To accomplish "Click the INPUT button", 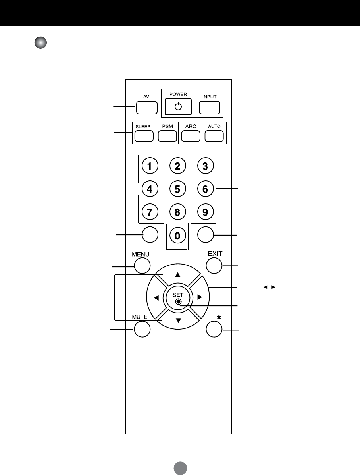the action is pyautogui.click(x=210, y=108).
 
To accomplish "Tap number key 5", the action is pyautogui.click(x=177, y=189).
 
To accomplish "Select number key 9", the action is pyautogui.click(x=205, y=212).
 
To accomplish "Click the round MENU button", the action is pyautogui.click(x=142, y=266).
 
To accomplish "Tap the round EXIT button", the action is pyautogui.click(x=214, y=266).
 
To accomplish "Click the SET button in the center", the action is pyautogui.click(x=178, y=297).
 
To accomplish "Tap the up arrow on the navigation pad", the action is pyautogui.click(x=178, y=274).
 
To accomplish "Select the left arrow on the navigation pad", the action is pyautogui.click(x=156, y=297).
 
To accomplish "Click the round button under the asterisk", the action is pyautogui.click(x=214, y=329).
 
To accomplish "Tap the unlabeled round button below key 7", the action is pyautogui.click(x=150, y=235).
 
